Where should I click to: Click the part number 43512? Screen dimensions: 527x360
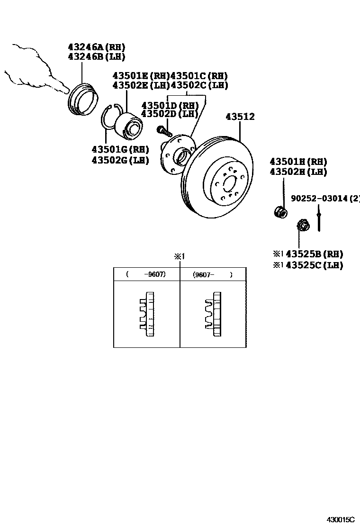click(x=240, y=117)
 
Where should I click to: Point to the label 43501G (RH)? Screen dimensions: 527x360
click(x=120, y=150)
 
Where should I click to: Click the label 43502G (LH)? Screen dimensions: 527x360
click(x=120, y=160)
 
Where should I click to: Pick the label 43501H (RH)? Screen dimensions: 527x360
click(x=298, y=162)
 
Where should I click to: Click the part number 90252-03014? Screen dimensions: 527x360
click(x=319, y=199)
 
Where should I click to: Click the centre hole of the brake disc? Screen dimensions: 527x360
click(x=227, y=182)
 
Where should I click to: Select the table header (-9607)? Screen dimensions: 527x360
click(x=146, y=274)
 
